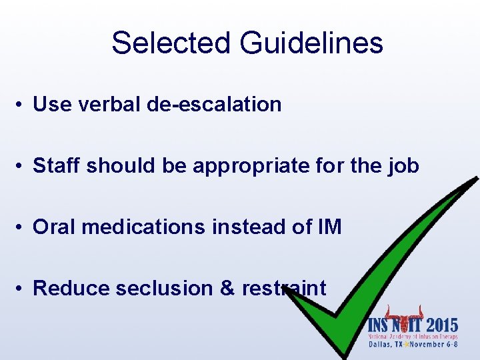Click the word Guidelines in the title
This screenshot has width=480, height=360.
[x=312, y=43]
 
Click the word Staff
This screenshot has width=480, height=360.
[x=56, y=165]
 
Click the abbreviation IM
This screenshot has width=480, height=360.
[x=330, y=227]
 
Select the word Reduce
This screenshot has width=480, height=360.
[x=71, y=288]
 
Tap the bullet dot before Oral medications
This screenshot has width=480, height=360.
[x=22, y=228]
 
